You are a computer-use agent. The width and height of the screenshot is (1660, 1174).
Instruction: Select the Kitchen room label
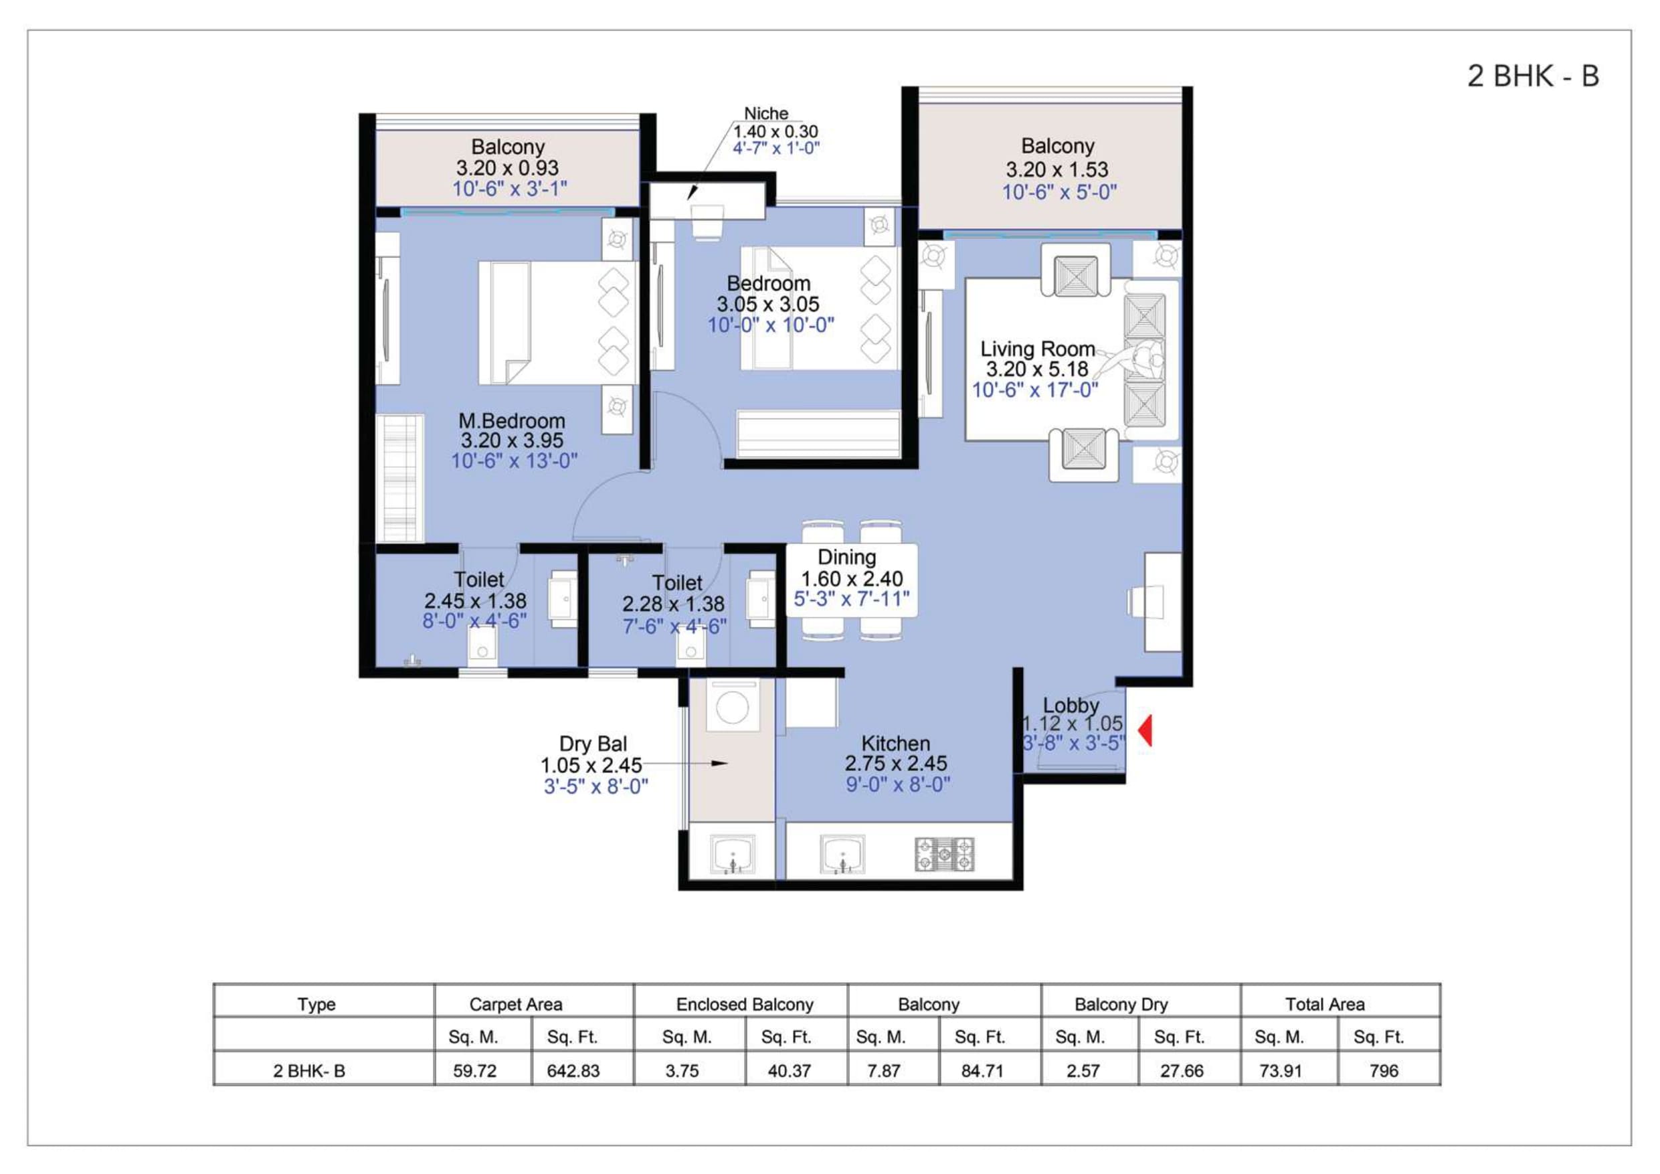pyautogui.click(x=895, y=743)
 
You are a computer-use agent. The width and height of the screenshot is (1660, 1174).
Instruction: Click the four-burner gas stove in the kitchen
pyautogui.click(x=944, y=854)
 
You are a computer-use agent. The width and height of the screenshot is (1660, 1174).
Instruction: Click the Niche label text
pyautogui.click(x=766, y=114)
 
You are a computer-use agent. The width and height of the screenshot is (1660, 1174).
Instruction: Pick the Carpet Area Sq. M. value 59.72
pyautogui.click(x=474, y=1070)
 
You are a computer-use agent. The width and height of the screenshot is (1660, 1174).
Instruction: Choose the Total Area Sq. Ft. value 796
pyautogui.click(x=1384, y=1070)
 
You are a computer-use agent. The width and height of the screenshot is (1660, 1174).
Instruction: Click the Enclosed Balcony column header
pyautogui.click(x=745, y=1004)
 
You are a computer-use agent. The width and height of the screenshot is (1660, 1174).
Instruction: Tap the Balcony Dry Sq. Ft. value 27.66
pyautogui.click(x=1182, y=1070)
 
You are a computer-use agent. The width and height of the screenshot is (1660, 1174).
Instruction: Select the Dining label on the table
pyautogui.click(x=846, y=557)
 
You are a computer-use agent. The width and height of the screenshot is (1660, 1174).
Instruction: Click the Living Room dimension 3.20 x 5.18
pyautogui.click(x=1037, y=369)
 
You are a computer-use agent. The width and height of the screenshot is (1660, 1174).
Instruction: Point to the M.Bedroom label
pyautogui.click(x=512, y=420)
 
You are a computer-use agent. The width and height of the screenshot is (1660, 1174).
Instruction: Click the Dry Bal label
pyautogui.click(x=593, y=744)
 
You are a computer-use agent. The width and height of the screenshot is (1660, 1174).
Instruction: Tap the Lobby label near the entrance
pyautogui.click(x=1071, y=705)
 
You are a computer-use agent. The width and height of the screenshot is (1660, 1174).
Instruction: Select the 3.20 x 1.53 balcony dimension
pyautogui.click(x=1057, y=169)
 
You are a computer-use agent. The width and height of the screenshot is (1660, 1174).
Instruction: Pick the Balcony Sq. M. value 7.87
pyautogui.click(x=883, y=1070)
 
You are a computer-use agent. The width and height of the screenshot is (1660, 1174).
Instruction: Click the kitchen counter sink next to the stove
pyautogui.click(x=842, y=854)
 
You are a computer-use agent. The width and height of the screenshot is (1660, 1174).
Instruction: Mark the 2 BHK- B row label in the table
pyautogui.click(x=308, y=1070)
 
